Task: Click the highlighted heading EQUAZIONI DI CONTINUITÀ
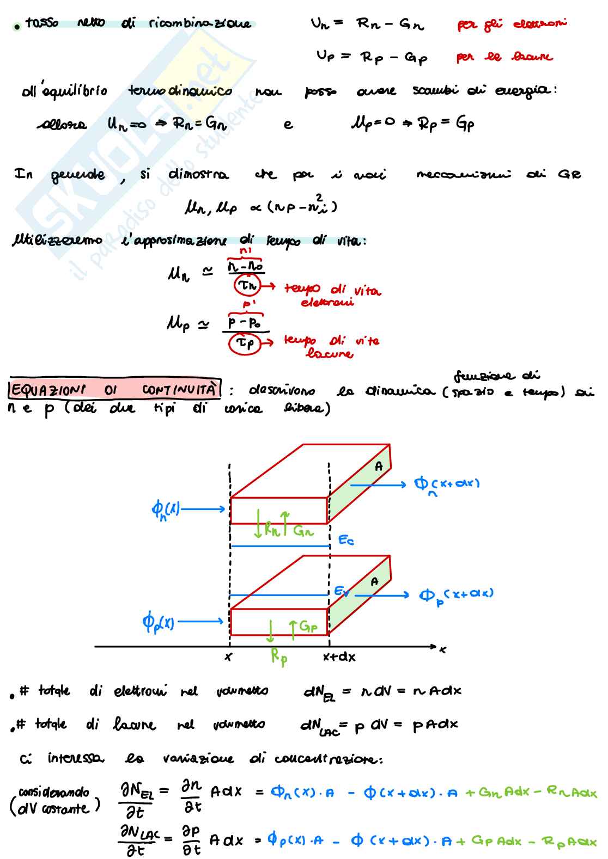[115, 389]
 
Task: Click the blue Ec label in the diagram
[346, 540]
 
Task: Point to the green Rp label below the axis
[279, 656]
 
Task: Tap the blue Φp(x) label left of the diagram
[158, 621]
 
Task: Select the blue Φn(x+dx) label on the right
[447, 484]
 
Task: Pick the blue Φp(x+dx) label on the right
[456, 595]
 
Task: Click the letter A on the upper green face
[379, 466]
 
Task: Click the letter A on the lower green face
[374, 582]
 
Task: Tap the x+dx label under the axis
[339, 657]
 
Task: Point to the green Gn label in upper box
[303, 530]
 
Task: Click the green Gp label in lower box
[308, 627]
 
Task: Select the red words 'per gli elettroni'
[512, 24]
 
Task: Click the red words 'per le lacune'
[504, 57]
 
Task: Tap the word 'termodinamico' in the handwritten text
[180, 91]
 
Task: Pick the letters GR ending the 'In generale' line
[569, 174]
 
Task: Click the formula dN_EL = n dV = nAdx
[382, 691]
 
